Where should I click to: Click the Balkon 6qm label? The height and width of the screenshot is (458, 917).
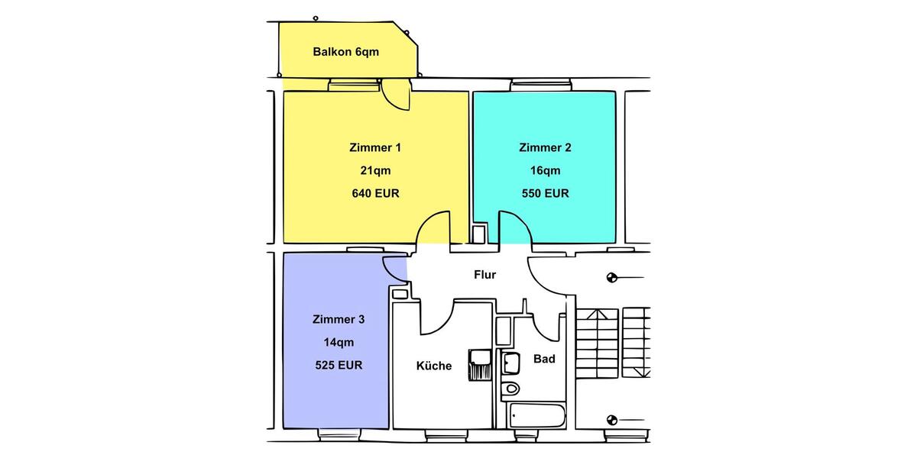345,52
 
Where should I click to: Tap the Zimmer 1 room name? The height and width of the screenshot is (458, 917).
374,147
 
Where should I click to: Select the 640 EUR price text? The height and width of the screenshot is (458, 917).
374,193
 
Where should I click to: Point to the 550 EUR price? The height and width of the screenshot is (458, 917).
545,193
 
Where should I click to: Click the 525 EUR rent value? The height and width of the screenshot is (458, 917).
339,365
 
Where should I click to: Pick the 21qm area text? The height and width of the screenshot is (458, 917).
374,170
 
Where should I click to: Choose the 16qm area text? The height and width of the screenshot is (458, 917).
545,170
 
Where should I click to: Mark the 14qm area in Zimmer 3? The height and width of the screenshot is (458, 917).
339,342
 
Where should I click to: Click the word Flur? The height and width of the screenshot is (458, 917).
484,275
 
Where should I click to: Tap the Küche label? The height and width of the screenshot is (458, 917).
433,366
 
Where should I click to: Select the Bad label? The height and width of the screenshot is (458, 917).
544,358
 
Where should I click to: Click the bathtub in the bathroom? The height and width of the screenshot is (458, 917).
538,417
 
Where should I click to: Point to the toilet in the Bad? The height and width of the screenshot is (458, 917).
510,389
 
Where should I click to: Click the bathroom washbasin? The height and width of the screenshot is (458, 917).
510,361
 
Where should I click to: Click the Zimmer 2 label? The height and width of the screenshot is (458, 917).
545,147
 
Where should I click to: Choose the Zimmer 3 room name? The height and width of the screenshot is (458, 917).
339,319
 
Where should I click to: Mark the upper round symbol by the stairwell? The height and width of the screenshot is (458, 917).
611,278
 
